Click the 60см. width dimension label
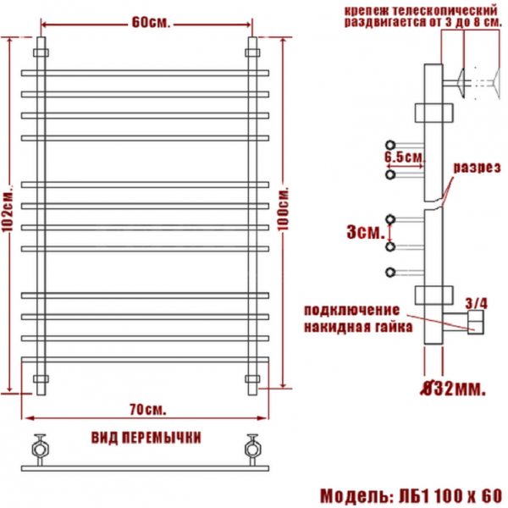151,22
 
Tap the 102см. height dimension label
8,210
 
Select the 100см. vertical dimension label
283,210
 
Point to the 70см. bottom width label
147,410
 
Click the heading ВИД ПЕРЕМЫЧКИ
146,438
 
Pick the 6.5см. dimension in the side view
405,157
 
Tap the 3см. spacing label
366,232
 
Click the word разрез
477,168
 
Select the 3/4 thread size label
476,304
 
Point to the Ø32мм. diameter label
453,389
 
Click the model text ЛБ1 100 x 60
450,496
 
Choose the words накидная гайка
358,327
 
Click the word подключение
352,311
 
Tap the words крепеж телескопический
421,11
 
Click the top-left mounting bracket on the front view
41,52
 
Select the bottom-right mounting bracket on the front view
252,378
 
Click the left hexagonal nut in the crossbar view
40,450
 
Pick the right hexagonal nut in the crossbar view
252,450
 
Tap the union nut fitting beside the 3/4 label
476,322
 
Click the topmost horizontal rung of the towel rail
145,73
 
